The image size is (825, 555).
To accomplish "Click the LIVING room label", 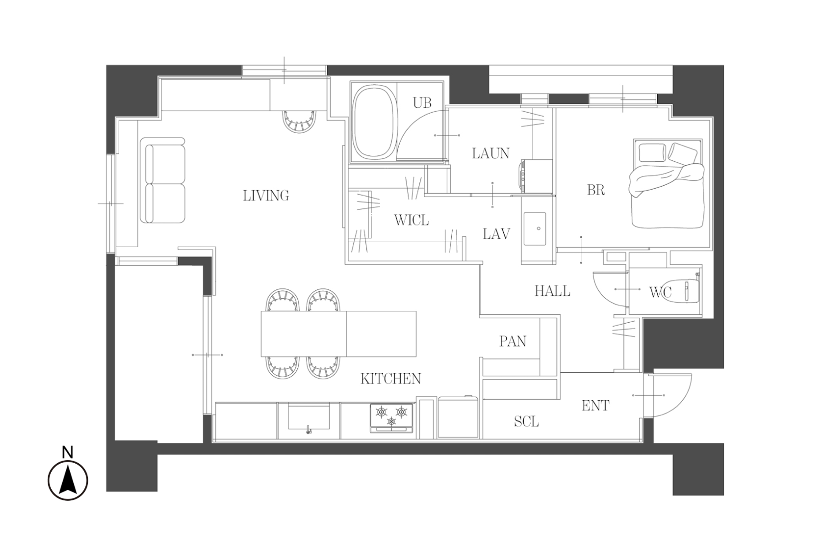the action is click(x=266, y=196).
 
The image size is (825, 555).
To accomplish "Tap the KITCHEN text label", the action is click(x=390, y=379).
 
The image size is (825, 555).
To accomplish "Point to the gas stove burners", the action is click(x=392, y=417).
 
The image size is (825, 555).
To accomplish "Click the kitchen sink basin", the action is click(x=309, y=416).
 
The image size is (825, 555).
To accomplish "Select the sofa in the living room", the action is click(x=162, y=181).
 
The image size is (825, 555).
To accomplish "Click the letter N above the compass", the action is click(x=68, y=452).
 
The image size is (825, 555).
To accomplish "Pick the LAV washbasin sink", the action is click(x=535, y=229).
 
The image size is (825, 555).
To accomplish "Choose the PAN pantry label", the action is click(x=512, y=342).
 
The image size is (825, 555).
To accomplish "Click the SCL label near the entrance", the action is click(x=526, y=421).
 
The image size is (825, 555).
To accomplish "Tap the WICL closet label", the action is click(x=412, y=220).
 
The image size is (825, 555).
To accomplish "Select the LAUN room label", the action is click(x=490, y=153).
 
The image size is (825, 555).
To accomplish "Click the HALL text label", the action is click(x=552, y=291).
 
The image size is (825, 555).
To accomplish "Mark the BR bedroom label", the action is click(x=596, y=190).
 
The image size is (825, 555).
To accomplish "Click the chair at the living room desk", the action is click(x=299, y=121).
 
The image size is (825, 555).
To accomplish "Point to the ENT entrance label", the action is click(x=595, y=406).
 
